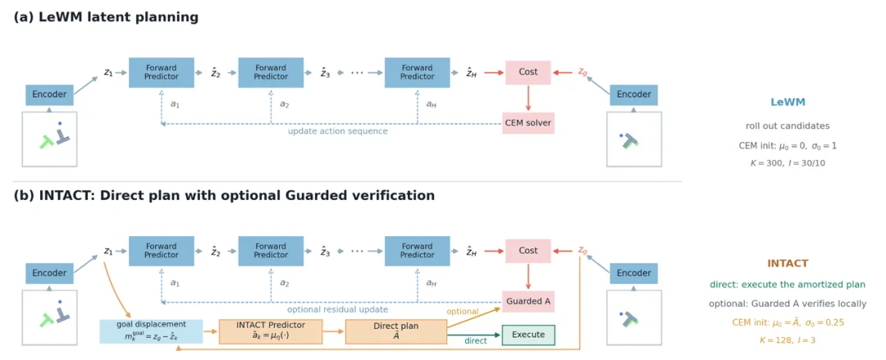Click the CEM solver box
pyautogui.click(x=527, y=123)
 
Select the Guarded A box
pyautogui.click(x=527, y=301)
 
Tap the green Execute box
pyautogui.click(x=528, y=335)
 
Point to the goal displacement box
pyautogui.click(x=151, y=332)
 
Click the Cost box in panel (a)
pyautogui.click(x=527, y=72)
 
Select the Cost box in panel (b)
pyautogui.click(x=527, y=251)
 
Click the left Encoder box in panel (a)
pyautogui.click(x=49, y=95)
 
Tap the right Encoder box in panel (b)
pyautogui.click(x=633, y=273)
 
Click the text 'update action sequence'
pyautogui.click(x=338, y=131)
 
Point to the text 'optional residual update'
pyautogui.click(x=337, y=310)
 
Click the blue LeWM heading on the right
pyautogui.click(x=788, y=103)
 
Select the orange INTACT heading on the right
pyautogui.click(x=788, y=263)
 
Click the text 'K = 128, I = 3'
pyautogui.click(x=788, y=340)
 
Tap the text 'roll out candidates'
pyautogui.click(x=788, y=126)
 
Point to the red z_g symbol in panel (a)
pyautogui.click(x=582, y=72)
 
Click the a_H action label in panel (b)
pyautogui.click(x=432, y=283)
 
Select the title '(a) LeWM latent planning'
pyautogui.click(x=106, y=17)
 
